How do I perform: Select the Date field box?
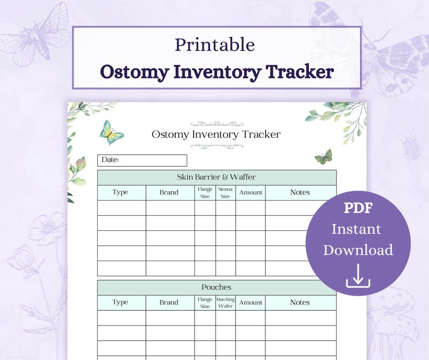coord(142,160)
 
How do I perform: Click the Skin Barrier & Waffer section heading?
coord(216,177)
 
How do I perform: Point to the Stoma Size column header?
coord(225,192)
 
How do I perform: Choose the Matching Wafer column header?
coord(225,303)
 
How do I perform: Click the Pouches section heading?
coord(216,287)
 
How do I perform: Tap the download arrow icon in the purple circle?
coord(358,275)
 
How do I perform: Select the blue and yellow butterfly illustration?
coord(111,132)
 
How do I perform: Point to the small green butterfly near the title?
coord(324,157)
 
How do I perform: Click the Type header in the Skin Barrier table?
coord(120,192)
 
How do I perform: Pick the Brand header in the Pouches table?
coord(169,303)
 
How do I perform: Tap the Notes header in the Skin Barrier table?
coord(300,192)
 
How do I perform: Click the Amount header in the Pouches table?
coord(250,303)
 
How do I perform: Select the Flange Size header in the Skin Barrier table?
coord(205,192)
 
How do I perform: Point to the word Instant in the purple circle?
coord(357,229)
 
